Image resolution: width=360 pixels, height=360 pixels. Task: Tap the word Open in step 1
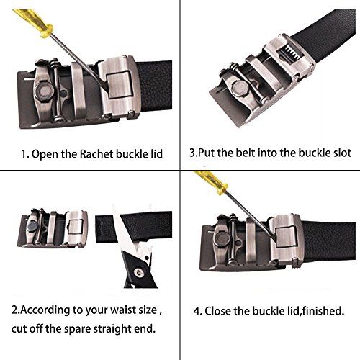pyautogui.click(x=45, y=153)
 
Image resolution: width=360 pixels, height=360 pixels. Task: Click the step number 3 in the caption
pyautogui.click(x=192, y=153)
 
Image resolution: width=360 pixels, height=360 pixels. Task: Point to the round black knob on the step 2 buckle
pyautogui.click(x=32, y=225)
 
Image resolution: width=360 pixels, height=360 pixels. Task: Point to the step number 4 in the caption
pyautogui.click(x=197, y=312)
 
